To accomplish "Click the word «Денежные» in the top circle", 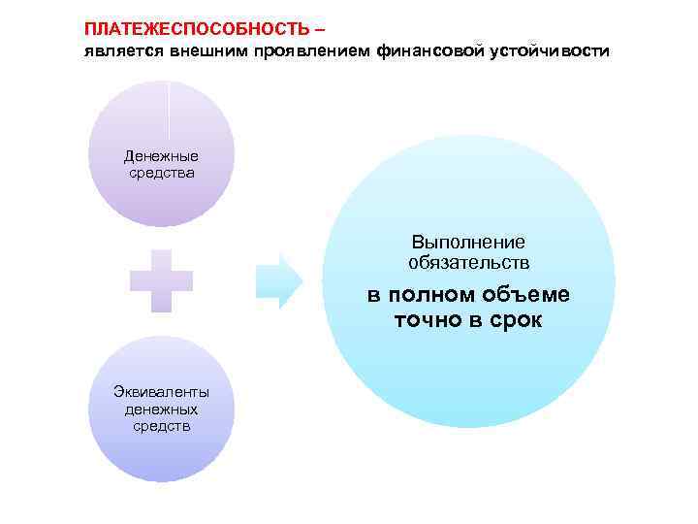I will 161,155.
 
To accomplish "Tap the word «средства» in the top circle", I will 161,172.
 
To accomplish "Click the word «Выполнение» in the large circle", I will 468,242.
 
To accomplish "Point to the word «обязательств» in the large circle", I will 468,262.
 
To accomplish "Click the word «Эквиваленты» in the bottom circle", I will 161,392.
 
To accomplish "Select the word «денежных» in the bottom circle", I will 161,409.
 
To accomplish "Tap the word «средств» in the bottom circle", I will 161,425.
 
